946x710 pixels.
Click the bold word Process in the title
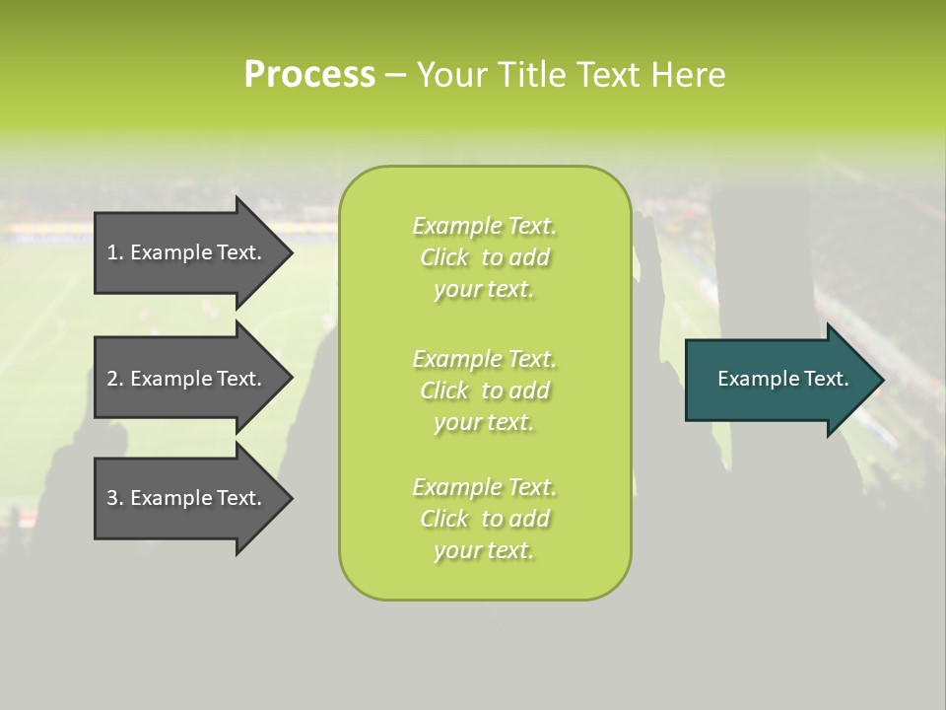click(309, 74)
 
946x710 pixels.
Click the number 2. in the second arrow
click(114, 379)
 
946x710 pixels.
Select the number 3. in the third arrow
click(114, 498)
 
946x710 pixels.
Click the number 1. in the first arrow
click(114, 252)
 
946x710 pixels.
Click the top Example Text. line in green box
click(484, 226)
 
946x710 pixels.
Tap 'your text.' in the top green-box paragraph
click(484, 289)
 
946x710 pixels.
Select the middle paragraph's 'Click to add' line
click(484, 390)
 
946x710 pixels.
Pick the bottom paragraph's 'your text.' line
click(484, 550)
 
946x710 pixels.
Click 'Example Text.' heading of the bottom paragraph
click(484, 487)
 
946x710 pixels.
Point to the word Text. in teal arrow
click(826, 379)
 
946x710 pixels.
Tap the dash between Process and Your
click(395, 75)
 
